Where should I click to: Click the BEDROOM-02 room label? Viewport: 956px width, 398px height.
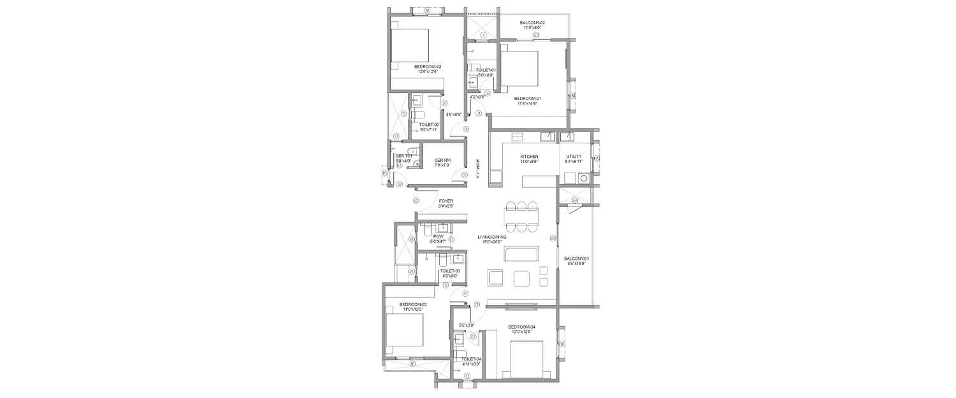428,67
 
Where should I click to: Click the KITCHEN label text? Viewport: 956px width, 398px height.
529,157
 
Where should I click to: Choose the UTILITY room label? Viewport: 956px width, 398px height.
574,157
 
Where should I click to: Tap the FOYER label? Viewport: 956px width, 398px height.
445,201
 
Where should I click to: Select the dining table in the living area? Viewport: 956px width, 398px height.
521,217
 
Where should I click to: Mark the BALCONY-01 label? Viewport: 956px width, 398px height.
576,259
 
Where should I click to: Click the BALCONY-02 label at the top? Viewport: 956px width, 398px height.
532,22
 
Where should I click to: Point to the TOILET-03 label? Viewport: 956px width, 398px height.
450,271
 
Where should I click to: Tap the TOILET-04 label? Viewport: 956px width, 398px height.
470,360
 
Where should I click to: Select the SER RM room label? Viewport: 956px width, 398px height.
442,160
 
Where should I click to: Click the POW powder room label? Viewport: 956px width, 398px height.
438,236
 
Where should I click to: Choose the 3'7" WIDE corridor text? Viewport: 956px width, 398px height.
478,169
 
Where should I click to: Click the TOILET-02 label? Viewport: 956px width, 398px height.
428,125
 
